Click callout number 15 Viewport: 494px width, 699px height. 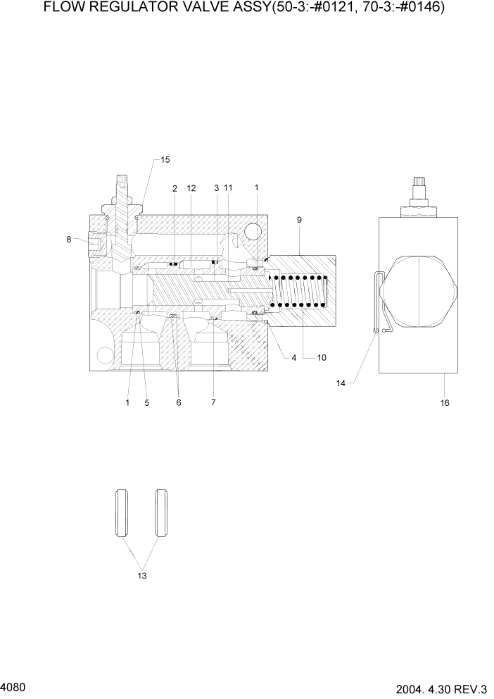[x=165, y=160]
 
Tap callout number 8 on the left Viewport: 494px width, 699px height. [x=69, y=240]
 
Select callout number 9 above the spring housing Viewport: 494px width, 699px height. [x=299, y=221]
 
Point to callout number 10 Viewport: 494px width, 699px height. [x=322, y=358]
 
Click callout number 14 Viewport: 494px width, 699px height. [x=341, y=383]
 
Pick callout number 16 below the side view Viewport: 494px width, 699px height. [x=444, y=403]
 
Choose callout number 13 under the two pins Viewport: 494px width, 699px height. [x=143, y=576]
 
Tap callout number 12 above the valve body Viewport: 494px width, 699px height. [x=191, y=188]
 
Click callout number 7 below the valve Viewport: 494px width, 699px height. [x=213, y=402]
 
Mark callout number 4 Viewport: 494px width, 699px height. [x=294, y=358]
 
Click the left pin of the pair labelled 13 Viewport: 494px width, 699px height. [x=122, y=514]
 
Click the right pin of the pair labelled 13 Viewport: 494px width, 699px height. [x=162, y=514]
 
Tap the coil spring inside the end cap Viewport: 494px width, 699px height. [x=300, y=290]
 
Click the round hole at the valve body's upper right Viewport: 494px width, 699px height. [x=253, y=232]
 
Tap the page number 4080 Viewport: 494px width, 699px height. [x=14, y=686]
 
